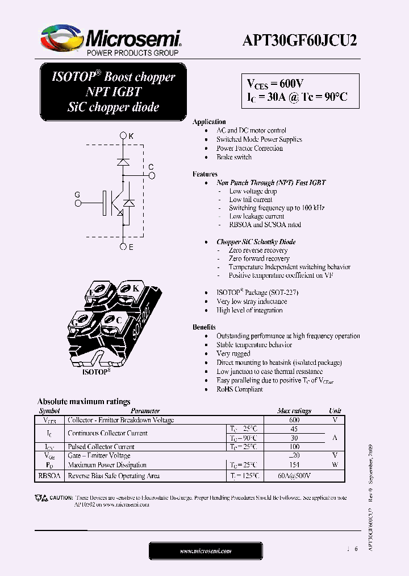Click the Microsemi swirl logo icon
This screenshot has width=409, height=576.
(61, 38)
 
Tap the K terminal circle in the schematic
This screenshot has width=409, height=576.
(123, 136)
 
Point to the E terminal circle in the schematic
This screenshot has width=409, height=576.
(123, 247)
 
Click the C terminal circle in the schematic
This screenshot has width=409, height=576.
(152, 175)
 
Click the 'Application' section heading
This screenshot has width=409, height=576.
(209, 122)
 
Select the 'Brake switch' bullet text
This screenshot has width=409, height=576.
(233, 157)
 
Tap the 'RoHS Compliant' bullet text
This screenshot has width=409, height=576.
(239, 389)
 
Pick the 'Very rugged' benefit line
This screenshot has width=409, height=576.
(233, 353)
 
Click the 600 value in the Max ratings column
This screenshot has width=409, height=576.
(294, 420)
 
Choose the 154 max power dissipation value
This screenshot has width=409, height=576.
(294, 465)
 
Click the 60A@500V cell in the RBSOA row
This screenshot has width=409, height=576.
(294, 476)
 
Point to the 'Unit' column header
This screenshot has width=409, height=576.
(335, 411)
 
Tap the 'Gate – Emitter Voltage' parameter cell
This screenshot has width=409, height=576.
(99, 455)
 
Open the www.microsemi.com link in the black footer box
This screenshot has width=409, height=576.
(206, 551)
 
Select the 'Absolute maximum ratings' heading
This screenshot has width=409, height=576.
(84, 401)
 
